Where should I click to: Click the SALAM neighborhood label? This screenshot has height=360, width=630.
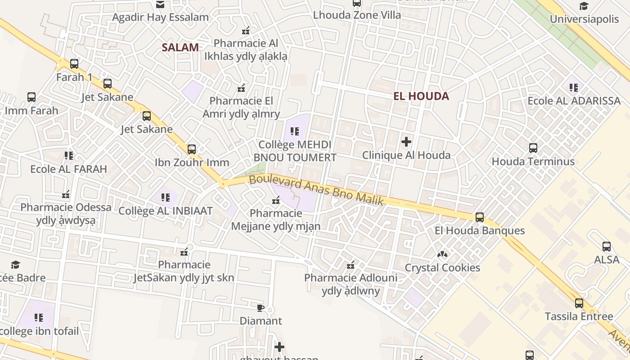(x=180, y=47)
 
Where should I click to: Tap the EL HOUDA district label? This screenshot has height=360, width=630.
(x=421, y=96)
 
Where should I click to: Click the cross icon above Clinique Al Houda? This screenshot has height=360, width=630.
(x=406, y=142)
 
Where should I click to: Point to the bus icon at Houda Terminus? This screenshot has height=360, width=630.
(x=533, y=148)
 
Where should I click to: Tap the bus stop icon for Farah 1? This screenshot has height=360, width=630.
(x=74, y=64)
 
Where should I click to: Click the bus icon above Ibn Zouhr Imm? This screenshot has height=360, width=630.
(x=192, y=149)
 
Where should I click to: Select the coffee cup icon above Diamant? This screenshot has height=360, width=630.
(x=261, y=308)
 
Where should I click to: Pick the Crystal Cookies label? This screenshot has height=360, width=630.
(x=442, y=268)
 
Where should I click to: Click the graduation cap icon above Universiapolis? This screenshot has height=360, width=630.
(x=584, y=6)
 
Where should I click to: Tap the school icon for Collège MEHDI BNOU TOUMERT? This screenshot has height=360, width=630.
(x=295, y=131)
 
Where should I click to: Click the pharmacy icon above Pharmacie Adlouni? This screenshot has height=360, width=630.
(x=351, y=265)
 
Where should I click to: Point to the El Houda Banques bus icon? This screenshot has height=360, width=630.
(x=479, y=217)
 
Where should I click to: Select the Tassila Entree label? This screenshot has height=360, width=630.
(x=579, y=316)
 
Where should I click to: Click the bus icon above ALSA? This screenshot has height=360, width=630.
(x=606, y=246)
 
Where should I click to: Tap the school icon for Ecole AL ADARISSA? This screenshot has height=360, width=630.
(x=573, y=87)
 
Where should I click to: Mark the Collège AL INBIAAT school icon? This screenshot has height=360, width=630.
(x=166, y=197)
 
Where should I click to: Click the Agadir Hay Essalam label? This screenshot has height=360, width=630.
(x=160, y=18)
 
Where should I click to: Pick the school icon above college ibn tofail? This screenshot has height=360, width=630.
(x=39, y=318)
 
